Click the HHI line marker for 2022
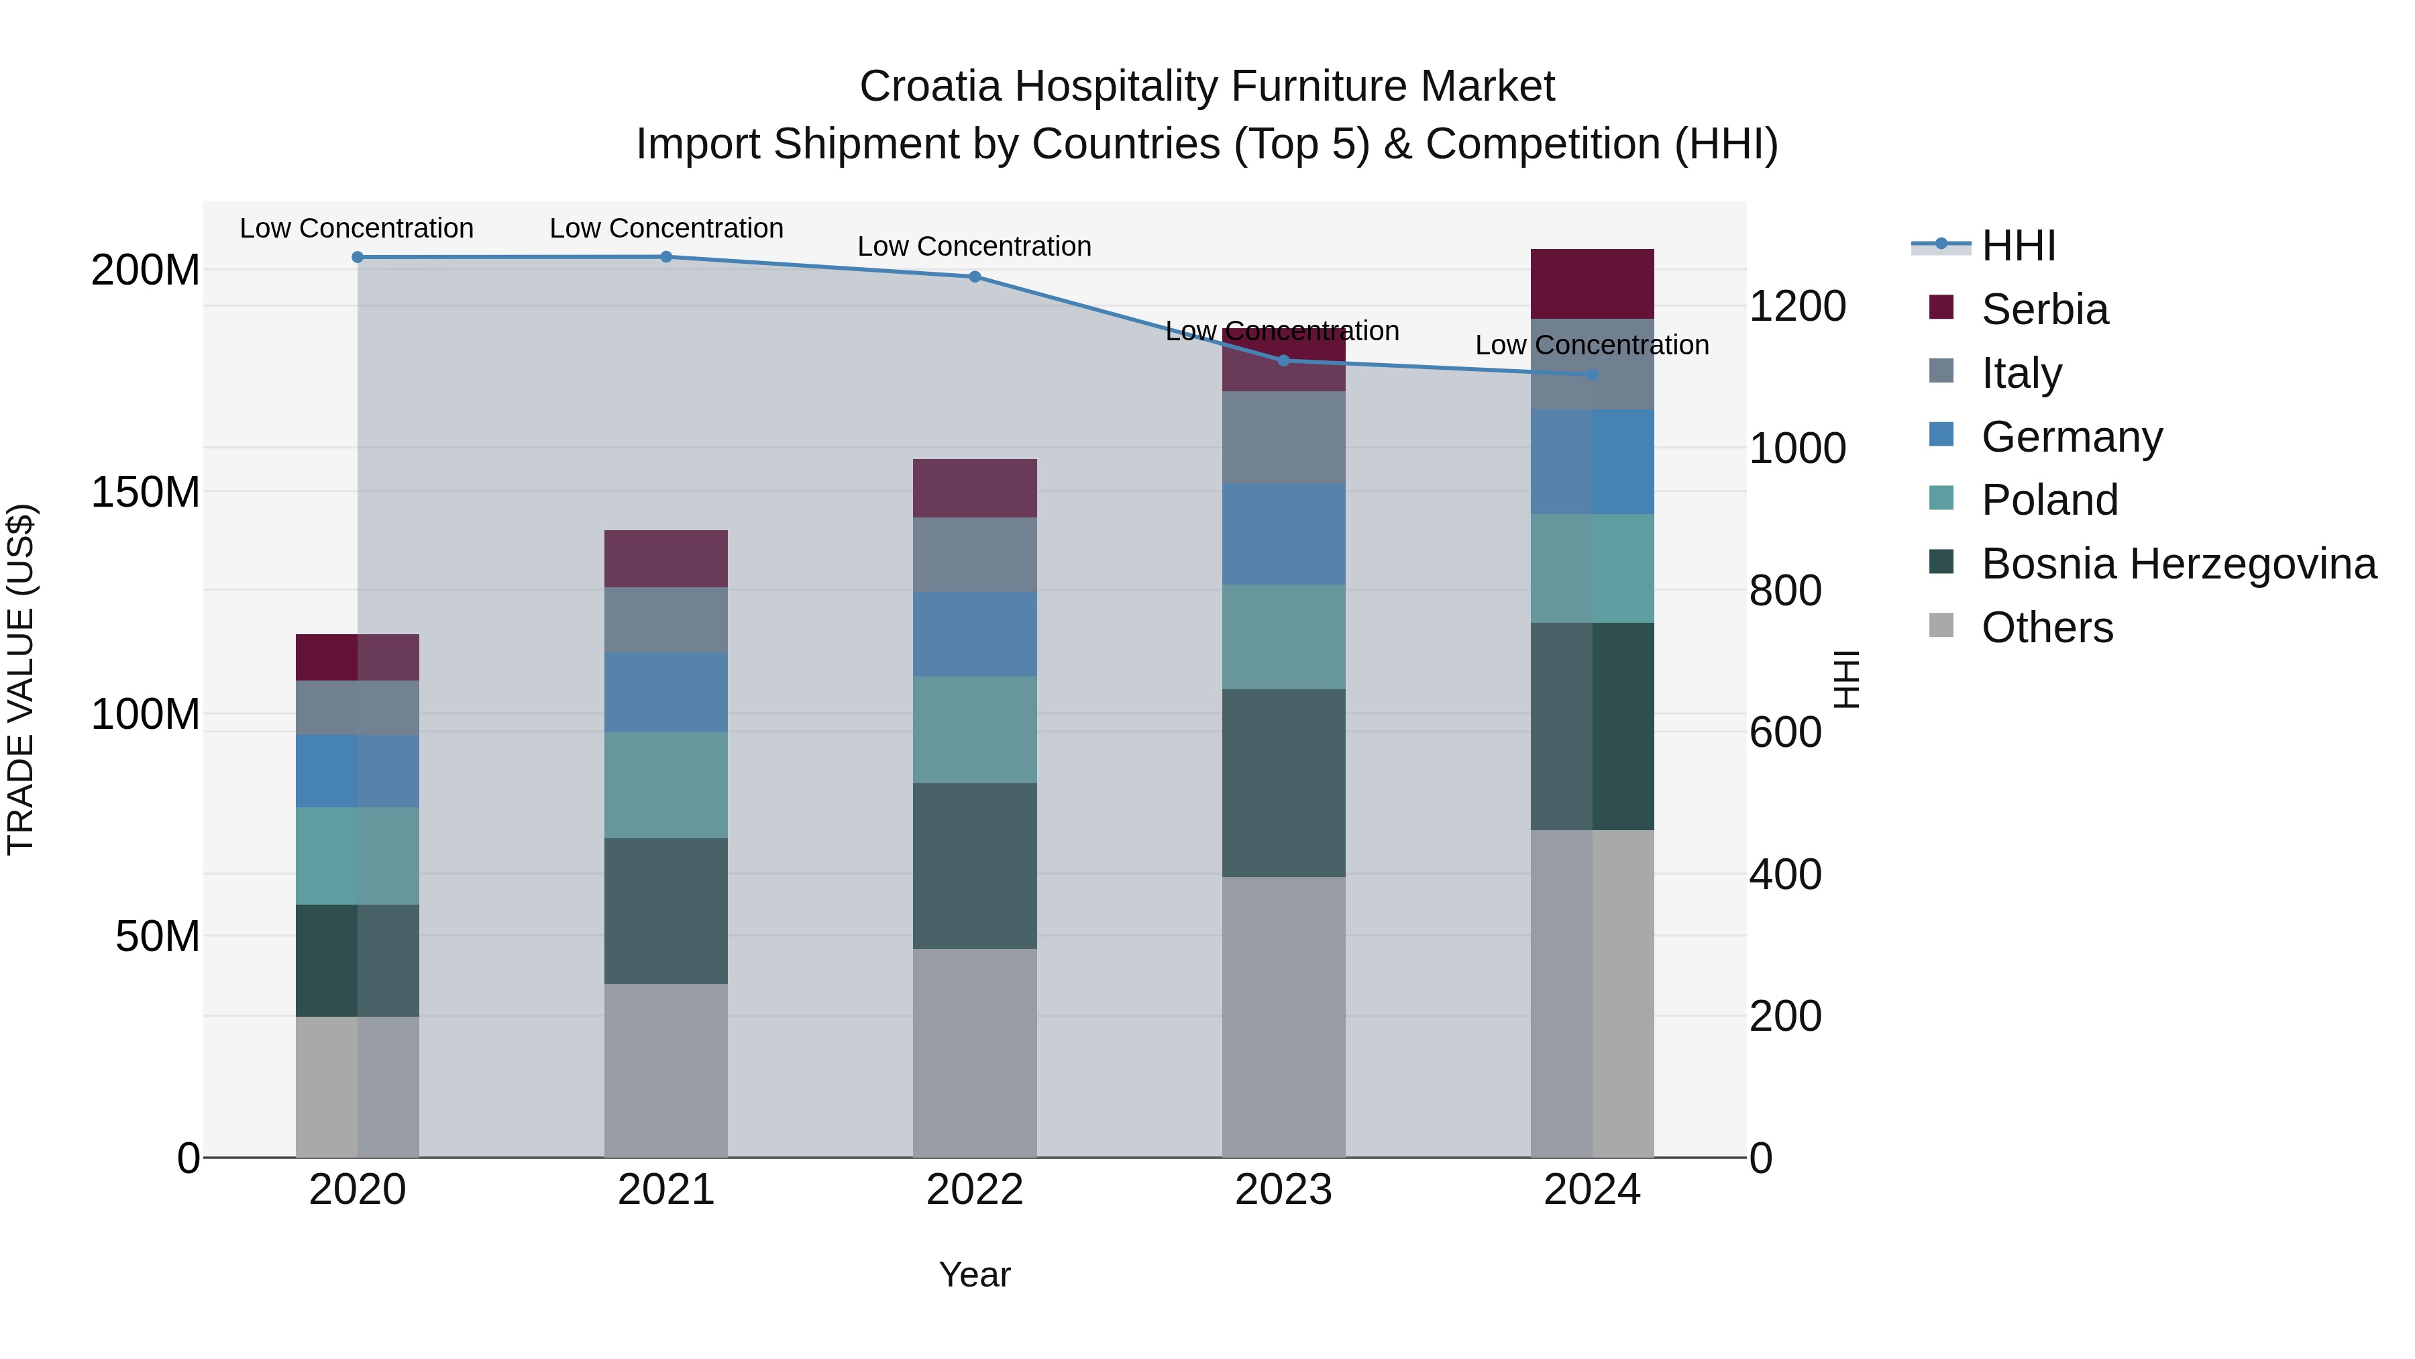click(974, 276)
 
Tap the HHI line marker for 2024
click(1591, 374)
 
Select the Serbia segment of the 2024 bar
click(1591, 283)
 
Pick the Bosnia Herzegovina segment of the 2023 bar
click(1283, 783)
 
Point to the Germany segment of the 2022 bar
click(974, 634)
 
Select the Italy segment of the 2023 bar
click(1283, 436)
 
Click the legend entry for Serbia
click(2044, 309)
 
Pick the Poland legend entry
click(2049, 500)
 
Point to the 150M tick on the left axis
click(146, 491)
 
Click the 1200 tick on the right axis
click(1796, 306)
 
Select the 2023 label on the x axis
click(1283, 1189)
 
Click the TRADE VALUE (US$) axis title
click(21, 679)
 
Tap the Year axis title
click(974, 1274)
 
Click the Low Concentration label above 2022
click(974, 247)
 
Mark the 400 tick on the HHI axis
click(1784, 873)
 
